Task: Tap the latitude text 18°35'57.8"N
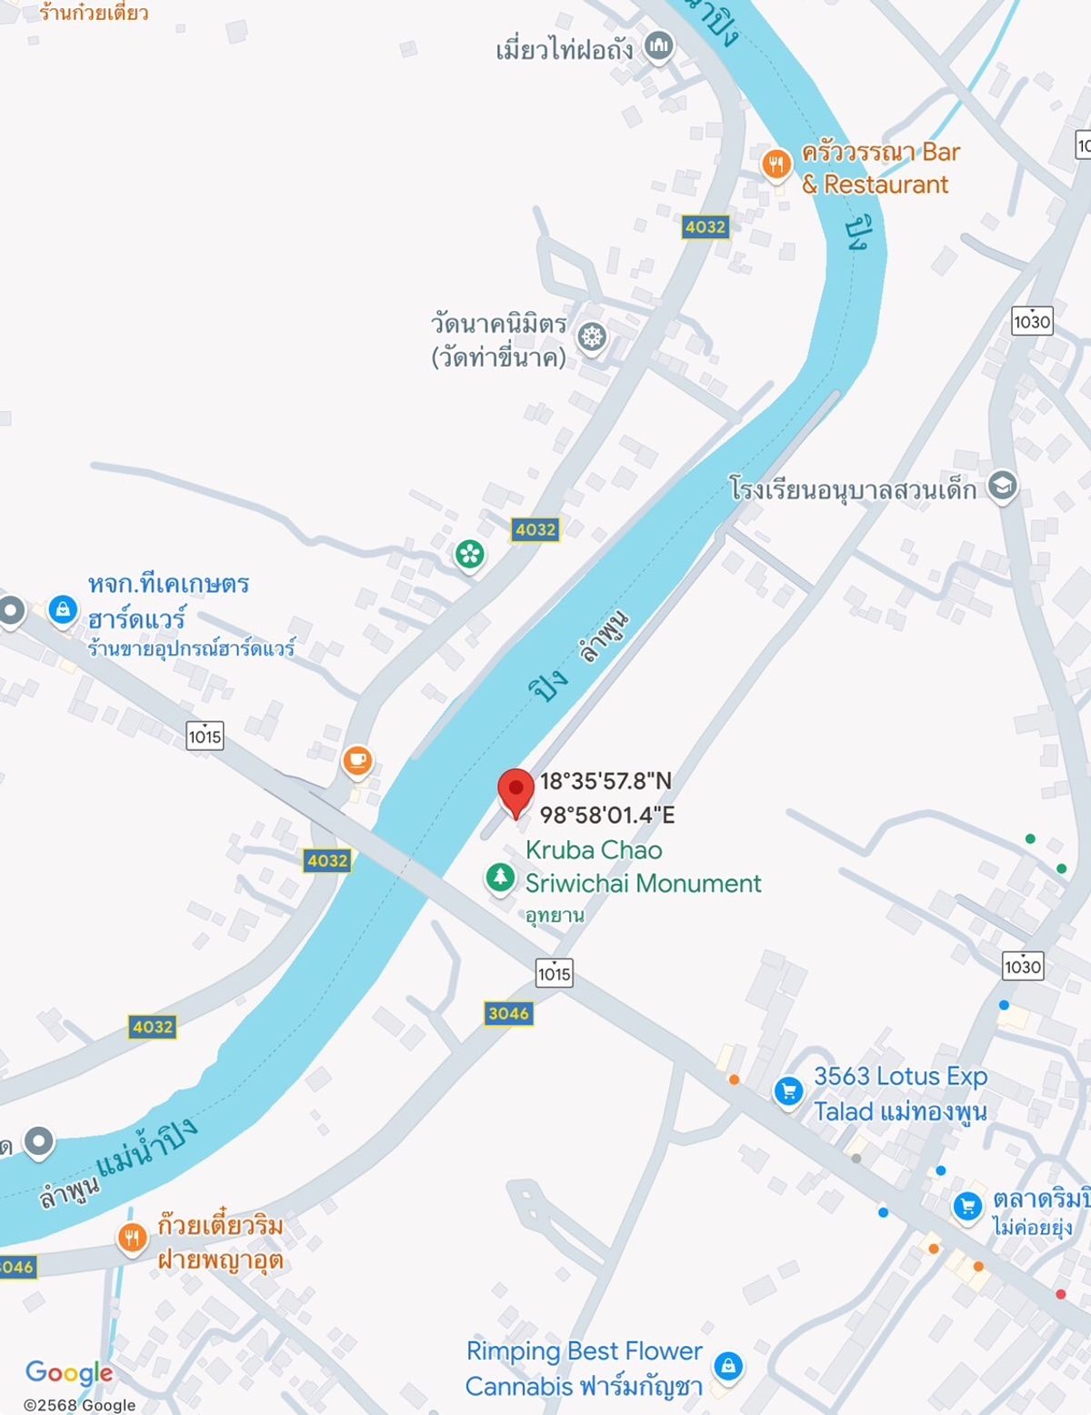click(x=606, y=781)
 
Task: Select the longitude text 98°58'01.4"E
click(x=607, y=815)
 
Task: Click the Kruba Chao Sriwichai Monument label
click(x=642, y=867)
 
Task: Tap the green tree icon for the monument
click(x=499, y=878)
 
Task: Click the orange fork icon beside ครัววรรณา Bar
click(x=776, y=165)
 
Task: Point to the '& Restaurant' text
click(x=875, y=185)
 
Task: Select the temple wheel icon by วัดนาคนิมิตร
click(x=593, y=337)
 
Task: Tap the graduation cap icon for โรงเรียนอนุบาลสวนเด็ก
click(x=1003, y=486)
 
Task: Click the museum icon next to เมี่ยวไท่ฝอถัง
click(x=659, y=45)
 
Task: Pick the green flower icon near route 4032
click(x=470, y=554)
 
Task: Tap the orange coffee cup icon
click(x=357, y=759)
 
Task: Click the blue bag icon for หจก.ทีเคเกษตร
click(x=63, y=608)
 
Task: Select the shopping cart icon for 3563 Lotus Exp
click(x=788, y=1090)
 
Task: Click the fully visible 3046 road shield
click(x=508, y=1013)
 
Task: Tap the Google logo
click(x=69, y=1372)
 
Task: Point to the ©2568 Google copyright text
click(x=80, y=1405)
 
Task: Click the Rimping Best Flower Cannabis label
click(x=584, y=1369)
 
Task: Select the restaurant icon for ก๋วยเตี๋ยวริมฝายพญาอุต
click(x=133, y=1237)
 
